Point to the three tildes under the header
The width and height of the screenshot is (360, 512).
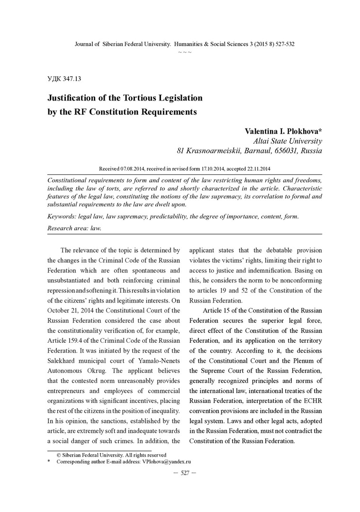pos(185,51)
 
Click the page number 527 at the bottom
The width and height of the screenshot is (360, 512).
pos(185,473)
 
